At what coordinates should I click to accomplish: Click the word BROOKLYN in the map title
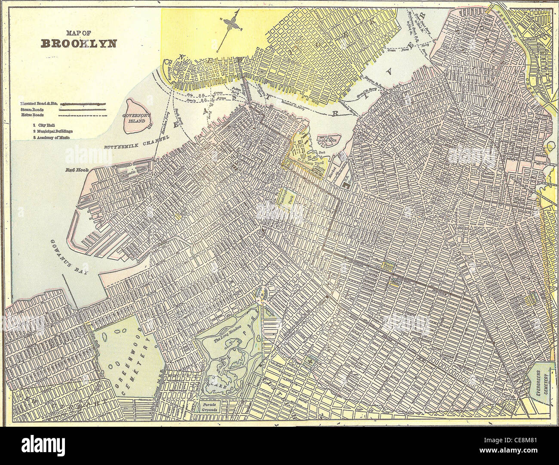(x=78, y=43)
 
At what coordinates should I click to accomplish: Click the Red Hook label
(x=77, y=170)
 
